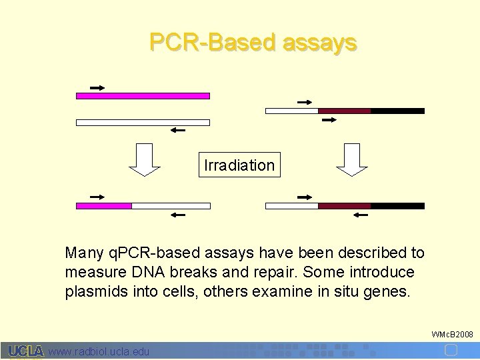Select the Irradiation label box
click(239, 165)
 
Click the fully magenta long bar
click(143, 96)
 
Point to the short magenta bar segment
click(104, 206)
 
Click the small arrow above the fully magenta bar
click(97, 87)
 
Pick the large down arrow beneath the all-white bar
click(144, 161)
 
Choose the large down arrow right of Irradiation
click(353, 161)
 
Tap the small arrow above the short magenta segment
click(97, 197)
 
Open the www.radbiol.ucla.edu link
click(99, 351)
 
